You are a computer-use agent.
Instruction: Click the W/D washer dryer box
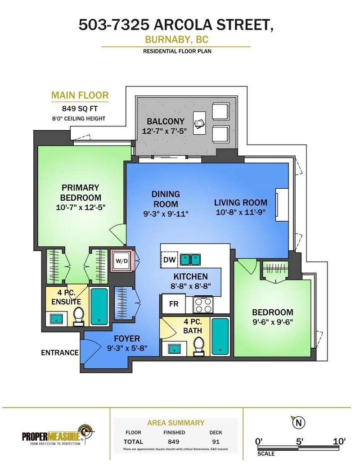(122, 261)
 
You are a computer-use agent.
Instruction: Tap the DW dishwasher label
(170, 259)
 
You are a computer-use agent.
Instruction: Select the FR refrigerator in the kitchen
(173, 304)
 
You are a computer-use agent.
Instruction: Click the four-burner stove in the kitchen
(203, 304)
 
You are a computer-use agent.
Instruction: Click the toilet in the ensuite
(79, 315)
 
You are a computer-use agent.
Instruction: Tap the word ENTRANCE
(60, 353)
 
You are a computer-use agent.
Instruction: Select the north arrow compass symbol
(298, 422)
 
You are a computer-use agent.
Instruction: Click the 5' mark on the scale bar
(299, 441)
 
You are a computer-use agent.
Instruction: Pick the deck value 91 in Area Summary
(216, 442)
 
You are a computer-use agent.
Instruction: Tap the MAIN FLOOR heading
(80, 95)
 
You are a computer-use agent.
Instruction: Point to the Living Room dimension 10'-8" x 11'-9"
(240, 212)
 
